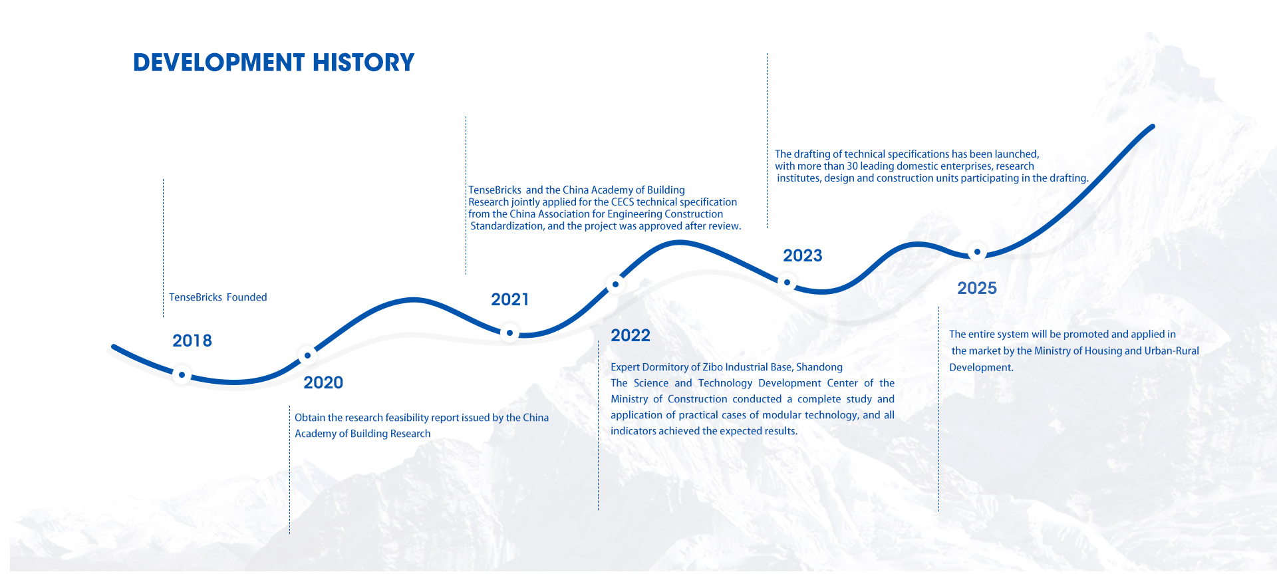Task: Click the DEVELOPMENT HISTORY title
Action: pyautogui.click(x=273, y=63)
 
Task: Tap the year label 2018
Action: pyautogui.click(x=192, y=341)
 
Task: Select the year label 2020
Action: pyautogui.click(x=323, y=382)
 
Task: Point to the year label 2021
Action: pyautogui.click(x=510, y=299)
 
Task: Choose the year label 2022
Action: pyautogui.click(x=631, y=335)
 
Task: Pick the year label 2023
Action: pyautogui.click(x=803, y=255)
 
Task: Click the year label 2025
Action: pyautogui.click(x=977, y=288)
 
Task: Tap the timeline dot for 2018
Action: pyautogui.click(x=182, y=375)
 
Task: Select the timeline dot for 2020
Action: pyautogui.click(x=307, y=356)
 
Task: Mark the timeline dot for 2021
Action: pyautogui.click(x=509, y=333)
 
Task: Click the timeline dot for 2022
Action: pyautogui.click(x=615, y=285)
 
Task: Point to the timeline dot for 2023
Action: pyautogui.click(x=787, y=283)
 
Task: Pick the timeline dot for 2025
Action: pyautogui.click(x=977, y=252)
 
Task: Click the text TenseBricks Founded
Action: pyautogui.click(x=218, y=297)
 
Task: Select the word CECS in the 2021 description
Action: pyautogui.click(x=623, y=202)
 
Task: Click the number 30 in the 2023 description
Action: pyautogui.click(x=852, y=166)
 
